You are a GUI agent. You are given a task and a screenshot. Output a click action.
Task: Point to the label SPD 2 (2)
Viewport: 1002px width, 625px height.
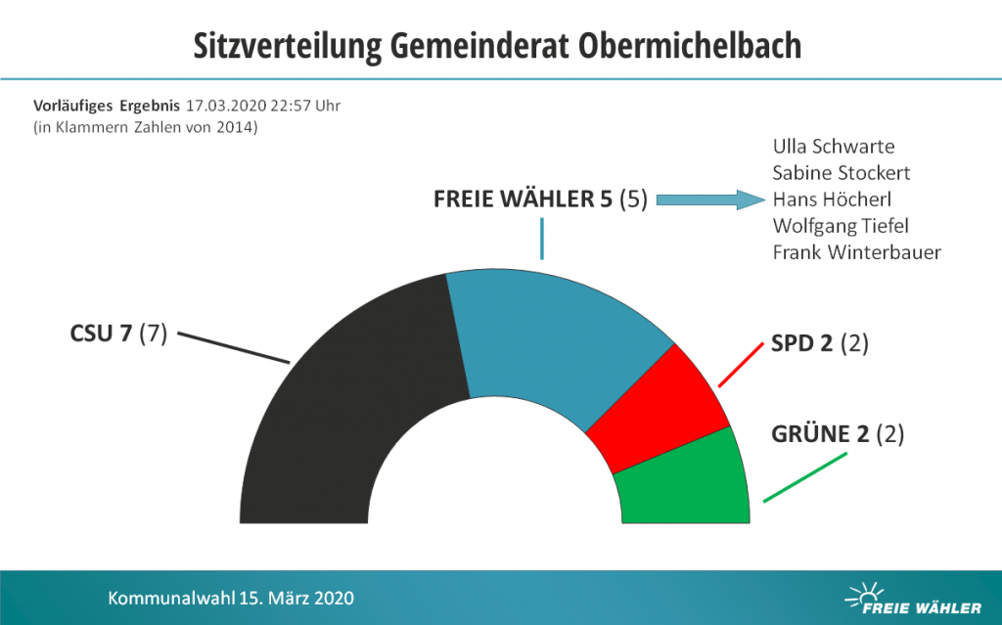pos(820,344)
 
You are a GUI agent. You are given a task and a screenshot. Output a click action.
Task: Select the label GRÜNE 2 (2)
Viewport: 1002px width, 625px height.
pos(838,434)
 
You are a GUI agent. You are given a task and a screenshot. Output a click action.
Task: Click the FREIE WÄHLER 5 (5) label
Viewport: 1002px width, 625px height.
pos(540,201)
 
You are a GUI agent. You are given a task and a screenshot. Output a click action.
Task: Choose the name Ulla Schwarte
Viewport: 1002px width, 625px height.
pos(833,147)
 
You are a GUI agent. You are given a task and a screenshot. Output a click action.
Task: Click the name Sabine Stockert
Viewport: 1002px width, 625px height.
pos(841,173)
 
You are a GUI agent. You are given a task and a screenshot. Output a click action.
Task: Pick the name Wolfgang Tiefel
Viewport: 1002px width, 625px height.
pos(841,226)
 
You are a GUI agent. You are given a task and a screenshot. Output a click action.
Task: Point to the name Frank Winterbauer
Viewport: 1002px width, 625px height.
pos(856,252)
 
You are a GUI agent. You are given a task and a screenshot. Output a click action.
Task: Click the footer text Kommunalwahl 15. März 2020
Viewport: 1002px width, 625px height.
pos(231,598)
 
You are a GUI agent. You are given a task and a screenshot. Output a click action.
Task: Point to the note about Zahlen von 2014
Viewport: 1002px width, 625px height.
pos(145,126)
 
